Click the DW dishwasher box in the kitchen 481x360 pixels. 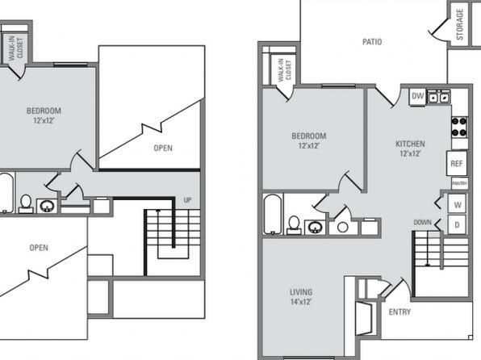(417, 96)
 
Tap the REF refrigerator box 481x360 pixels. (457, 163)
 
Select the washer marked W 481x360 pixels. (457, 204)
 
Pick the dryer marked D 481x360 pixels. (457, 225)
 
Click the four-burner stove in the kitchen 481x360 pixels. (459, 127)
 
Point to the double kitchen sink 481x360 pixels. (439, 97)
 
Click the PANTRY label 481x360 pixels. (459, 183)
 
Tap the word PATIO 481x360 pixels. (372, 42)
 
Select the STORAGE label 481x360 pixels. (459, 24)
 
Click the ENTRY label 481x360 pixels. (399, 312)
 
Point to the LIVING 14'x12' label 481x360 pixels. (301, 297)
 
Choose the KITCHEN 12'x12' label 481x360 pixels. (410, 149)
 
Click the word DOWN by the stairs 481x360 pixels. (422, 222)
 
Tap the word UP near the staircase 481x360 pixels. (187, 200)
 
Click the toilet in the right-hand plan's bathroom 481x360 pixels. (294, 225)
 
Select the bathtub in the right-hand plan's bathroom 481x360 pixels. (273, 214)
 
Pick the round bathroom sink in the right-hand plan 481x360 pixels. (315, 228)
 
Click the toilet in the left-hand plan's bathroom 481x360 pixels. (26, 203)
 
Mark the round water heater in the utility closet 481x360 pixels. (342, 228)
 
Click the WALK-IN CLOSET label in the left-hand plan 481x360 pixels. (15, 48)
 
